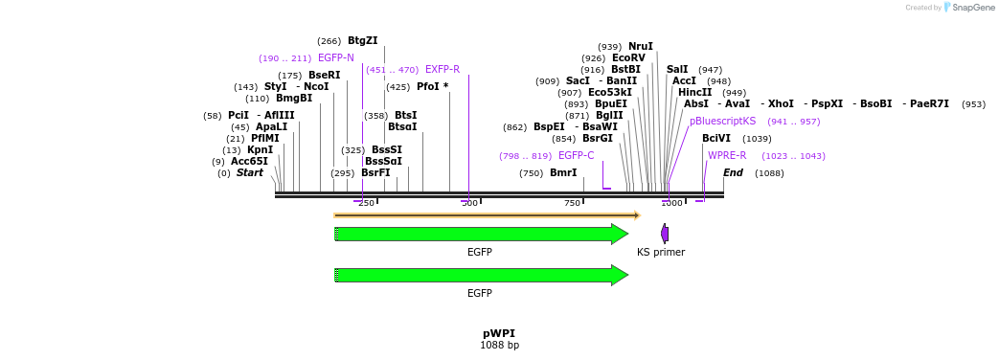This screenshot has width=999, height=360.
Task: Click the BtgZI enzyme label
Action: pos(362,41)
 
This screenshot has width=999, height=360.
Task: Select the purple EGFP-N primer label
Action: pos(335,58)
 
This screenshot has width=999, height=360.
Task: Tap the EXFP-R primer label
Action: pos(443,69)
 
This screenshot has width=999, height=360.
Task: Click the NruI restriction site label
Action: pos(640,46)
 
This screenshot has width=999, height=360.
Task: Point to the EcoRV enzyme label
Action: pos(628,57)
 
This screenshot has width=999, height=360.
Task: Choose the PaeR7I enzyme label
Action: pos(929,103)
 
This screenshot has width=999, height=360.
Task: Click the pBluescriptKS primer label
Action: pos(722,122)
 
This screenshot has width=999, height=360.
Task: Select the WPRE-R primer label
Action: pos(727,155)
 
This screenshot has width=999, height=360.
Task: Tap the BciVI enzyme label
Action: pos(716,138)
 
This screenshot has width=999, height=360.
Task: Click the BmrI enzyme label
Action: pos(563,172)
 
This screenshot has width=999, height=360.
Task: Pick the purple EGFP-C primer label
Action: pos(576,155)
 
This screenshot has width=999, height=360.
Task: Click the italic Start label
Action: pos(250,172)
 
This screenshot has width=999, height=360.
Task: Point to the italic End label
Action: pos(733,172)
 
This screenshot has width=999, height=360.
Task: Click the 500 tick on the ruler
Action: pos(469,203)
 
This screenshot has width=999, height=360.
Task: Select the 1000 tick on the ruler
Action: pos(671,203)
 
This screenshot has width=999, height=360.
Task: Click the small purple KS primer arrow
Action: pos(665,234)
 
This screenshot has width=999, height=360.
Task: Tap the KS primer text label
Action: pos(661,252)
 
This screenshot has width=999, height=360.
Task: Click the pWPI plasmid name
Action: pos(499,333)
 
